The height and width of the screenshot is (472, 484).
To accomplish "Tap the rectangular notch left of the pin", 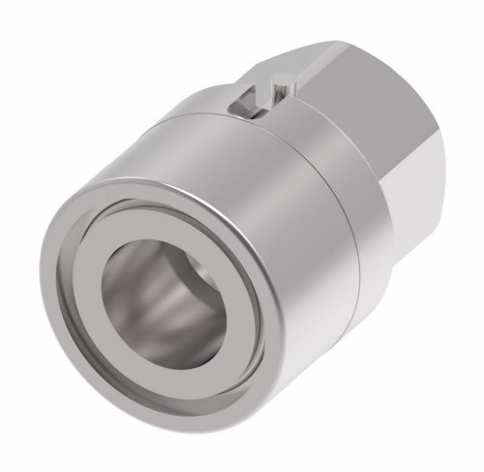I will point(247,98).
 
